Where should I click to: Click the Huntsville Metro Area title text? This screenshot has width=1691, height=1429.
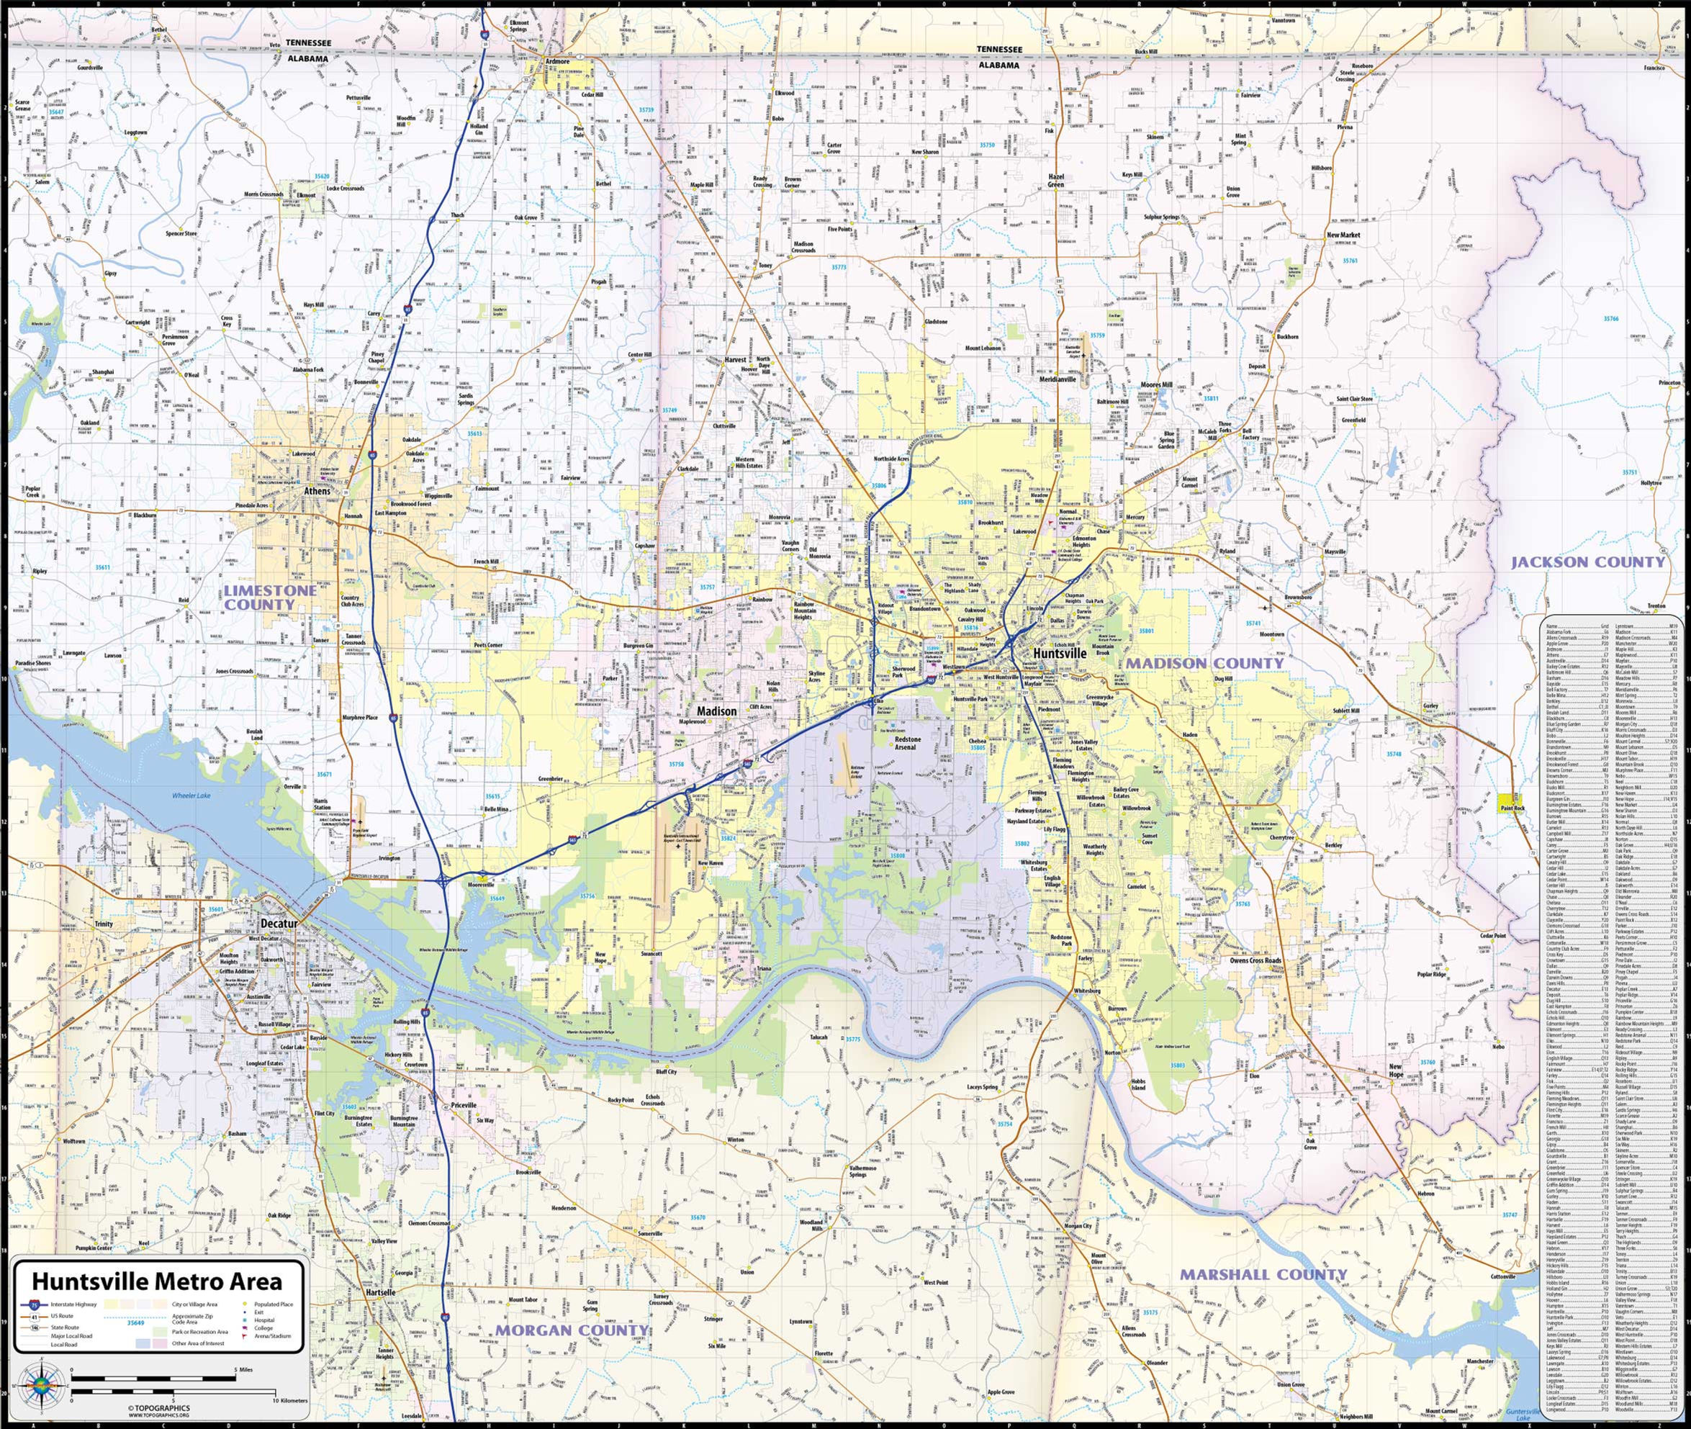[x=157, y=1281]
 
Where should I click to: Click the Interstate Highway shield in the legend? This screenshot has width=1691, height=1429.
[x=34, y=1305]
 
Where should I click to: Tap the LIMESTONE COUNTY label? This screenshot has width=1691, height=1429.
[x=270, y=597]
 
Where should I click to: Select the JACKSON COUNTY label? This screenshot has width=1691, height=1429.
[x=1588, y=562]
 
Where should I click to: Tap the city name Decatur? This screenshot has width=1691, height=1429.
[x=279, y=923]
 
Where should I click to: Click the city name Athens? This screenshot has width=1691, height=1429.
[x=317, y=491]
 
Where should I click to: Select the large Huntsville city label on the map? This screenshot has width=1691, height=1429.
[x=1054, y=653]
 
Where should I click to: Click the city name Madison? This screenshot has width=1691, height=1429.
[x=717, y=711]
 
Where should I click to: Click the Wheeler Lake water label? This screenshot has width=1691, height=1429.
[x=191, y=795]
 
